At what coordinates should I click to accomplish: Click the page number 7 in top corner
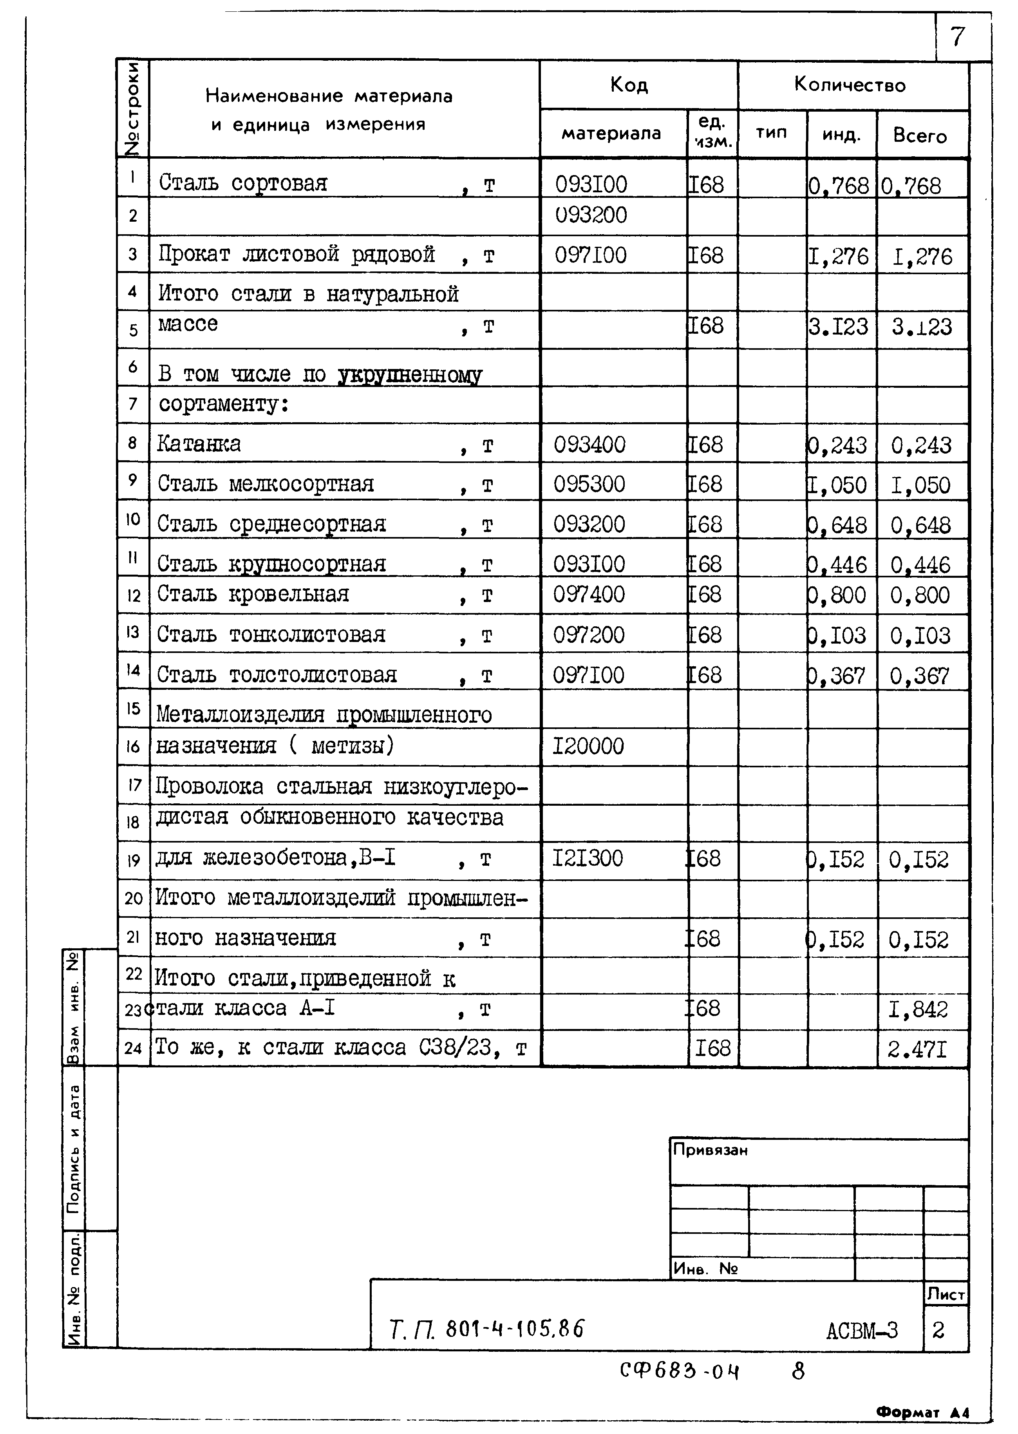pos(958,37)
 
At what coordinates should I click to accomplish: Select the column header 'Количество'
pos(850,85)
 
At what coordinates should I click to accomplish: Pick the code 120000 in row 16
pos(588,746)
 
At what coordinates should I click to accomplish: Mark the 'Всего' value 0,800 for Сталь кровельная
pos(920,595)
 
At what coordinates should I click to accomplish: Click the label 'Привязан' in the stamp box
pos(710,1150)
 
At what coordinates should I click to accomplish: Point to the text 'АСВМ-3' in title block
pos(862,1330)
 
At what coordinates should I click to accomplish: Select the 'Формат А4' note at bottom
pos(922,1413)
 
